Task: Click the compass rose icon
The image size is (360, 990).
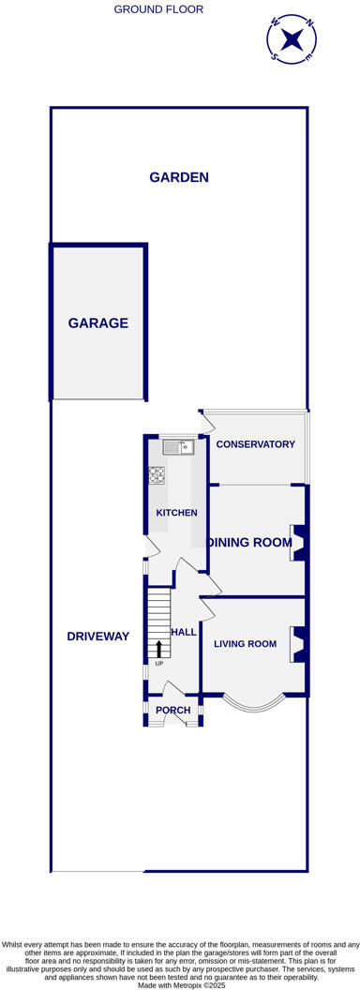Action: pos(292,39)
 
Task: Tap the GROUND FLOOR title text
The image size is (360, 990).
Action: pos(158,9)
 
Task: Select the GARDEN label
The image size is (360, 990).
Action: pos(179,177)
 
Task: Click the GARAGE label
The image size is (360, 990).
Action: pos(97,323)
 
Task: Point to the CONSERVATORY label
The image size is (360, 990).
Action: pos(255,444)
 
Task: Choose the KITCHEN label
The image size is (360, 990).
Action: pos(176,513)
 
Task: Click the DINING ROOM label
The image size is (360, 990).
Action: pos(250,542)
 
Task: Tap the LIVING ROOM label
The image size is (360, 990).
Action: pos(245,644)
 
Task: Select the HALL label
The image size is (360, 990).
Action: pos(184,632)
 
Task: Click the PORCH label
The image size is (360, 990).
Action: pos(172,711)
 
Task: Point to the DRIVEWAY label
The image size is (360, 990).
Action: pos(97,637)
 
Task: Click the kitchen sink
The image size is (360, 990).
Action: pos(175,448)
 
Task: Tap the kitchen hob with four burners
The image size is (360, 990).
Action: pos(157,475)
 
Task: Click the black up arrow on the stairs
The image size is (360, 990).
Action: pos(158,648)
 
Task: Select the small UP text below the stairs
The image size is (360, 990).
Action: pos(158,664)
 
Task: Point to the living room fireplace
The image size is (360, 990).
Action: pos(299,645)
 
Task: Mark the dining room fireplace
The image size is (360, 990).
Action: pos(299,542)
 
